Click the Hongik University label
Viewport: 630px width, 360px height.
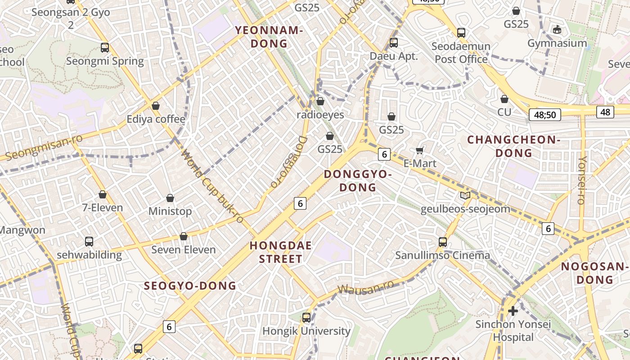click(306, 331)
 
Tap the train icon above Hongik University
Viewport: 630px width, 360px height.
click(306, 318)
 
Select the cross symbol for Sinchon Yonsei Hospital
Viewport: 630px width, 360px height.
click(513, 311)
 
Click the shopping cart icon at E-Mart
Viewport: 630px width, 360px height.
click(420, 150)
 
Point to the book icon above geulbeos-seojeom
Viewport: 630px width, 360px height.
click(465, 196)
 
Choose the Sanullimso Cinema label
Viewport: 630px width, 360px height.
click(442, 256)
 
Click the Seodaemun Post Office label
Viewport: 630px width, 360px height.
click(461, 53)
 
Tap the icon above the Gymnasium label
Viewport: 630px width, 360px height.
click(557, 30)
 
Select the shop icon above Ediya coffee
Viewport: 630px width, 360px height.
click(156, 106)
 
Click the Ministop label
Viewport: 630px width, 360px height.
click(170, 211)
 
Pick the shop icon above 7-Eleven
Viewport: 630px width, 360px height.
click(103, 194)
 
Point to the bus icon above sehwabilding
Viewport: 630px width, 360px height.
click(89, 242)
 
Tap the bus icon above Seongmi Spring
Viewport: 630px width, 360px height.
click(105, 48)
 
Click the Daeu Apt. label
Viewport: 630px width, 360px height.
click(394, 56)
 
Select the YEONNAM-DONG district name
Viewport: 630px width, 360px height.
click(269, 37)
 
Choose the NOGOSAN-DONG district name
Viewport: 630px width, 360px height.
click(594, 273)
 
